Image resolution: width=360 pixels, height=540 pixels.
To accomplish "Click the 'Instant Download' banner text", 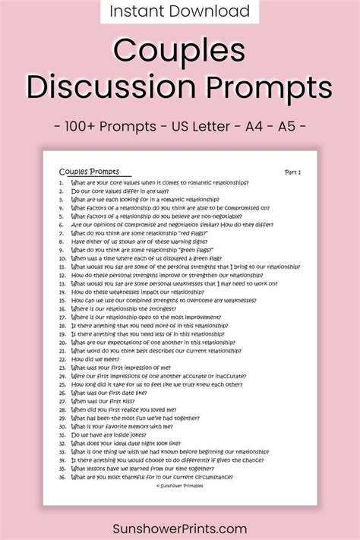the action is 180,11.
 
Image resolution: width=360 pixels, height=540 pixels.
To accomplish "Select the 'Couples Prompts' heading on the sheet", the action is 89,172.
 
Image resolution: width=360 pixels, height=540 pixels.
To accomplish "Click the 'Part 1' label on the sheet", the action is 292,172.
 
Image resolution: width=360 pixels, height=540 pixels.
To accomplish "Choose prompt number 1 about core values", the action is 159,183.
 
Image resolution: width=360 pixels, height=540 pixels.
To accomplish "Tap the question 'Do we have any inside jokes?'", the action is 112,435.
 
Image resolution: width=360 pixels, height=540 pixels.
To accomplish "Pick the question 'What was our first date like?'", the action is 109,393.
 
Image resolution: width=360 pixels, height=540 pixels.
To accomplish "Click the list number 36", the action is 62,477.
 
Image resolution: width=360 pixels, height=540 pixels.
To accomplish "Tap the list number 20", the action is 62,343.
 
